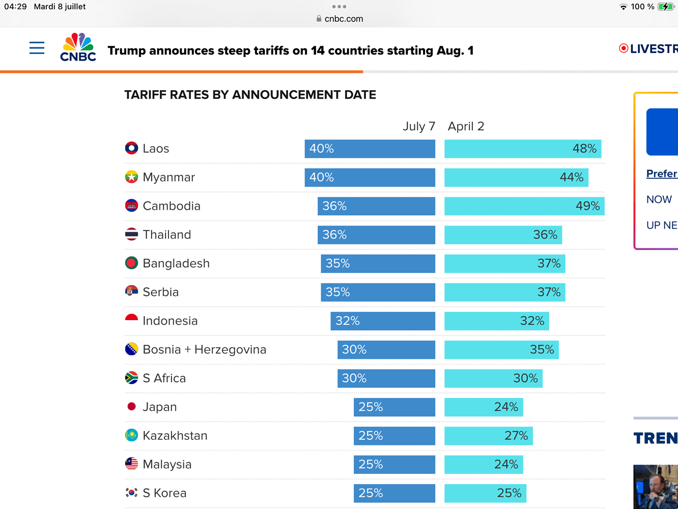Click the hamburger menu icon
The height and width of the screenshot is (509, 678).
point(37,48)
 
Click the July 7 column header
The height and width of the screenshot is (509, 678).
point(418,126)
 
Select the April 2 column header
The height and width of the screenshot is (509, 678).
point(466,126)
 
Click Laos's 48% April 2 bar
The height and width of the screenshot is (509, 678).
point(523,149)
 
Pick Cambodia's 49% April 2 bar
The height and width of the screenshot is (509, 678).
point(524,206)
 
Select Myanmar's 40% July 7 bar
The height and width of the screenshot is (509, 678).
point(370,178)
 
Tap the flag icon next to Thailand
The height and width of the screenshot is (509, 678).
point(131,235)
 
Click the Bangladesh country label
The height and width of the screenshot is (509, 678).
point(176,264)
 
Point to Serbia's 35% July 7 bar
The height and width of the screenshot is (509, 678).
point(378,292)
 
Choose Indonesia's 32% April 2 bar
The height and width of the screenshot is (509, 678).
point(496,321)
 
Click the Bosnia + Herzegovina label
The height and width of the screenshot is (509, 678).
point(204,350)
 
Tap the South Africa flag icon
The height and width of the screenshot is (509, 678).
point(131,378)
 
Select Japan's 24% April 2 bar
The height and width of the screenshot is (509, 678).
point(484,407)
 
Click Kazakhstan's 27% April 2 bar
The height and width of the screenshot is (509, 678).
point(488,436)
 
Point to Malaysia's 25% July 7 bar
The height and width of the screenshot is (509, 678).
point(394,465)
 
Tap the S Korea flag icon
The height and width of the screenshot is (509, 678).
point(131,493)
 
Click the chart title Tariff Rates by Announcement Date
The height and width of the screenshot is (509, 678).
point(250,95)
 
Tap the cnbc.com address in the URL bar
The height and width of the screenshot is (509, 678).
point(344,19)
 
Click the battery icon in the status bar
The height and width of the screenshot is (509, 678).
point(666,7)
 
